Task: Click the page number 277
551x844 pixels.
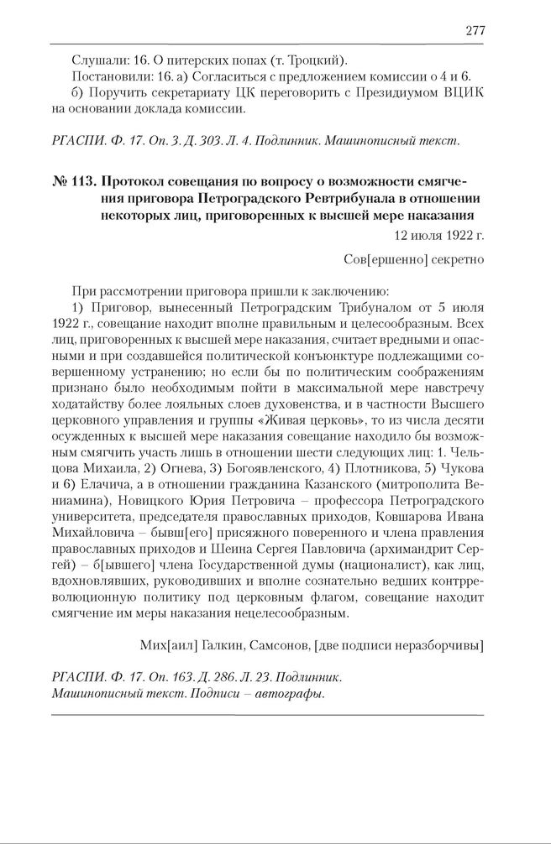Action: click(475, 31)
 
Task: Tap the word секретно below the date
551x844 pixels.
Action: click(459, 259)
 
